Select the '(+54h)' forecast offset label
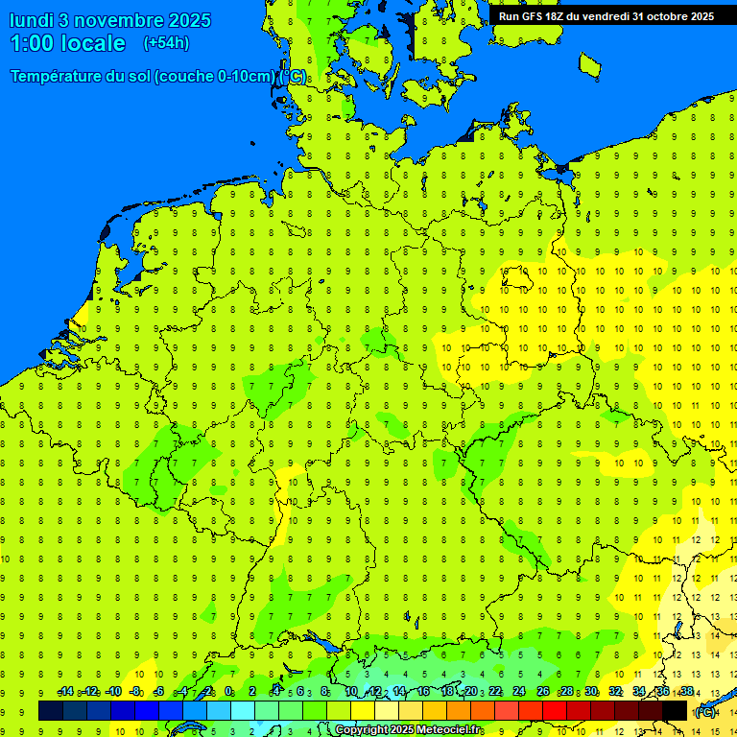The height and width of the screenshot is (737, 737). [166, 43]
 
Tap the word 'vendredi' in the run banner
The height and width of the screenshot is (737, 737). [605, 16]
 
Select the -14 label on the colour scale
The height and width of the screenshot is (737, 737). [65, 692]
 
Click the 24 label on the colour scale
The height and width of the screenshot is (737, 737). [519, 692]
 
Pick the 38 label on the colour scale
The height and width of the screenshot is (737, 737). [686, 692]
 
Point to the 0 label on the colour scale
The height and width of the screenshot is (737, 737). [228, 692]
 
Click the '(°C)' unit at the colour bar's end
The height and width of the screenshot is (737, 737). [704, 711]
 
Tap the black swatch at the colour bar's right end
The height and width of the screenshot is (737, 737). [675, 710]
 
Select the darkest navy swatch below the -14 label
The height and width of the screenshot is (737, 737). [51, 710]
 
